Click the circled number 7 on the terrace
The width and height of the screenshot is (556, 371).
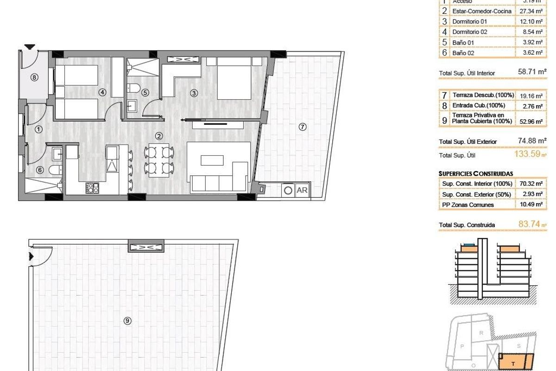point(302,127)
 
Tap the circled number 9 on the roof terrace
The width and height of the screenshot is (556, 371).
point(126,320)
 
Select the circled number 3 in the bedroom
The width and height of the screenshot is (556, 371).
point(194,93)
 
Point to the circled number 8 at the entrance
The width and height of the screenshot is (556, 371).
point(34,77)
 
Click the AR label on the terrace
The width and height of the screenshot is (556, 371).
point(302,190)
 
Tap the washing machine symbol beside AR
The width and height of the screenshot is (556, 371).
point(288,190)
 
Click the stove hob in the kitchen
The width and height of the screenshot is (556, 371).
point(92,188)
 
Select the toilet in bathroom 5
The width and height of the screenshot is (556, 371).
point(133,88)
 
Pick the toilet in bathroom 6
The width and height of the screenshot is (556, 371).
point(55,170)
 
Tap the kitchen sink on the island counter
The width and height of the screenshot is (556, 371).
point(113,165)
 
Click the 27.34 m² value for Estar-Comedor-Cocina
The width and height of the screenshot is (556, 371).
point(529,11)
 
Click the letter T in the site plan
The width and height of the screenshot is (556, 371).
point(512,364)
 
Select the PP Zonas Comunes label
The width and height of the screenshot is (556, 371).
point(468,205)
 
